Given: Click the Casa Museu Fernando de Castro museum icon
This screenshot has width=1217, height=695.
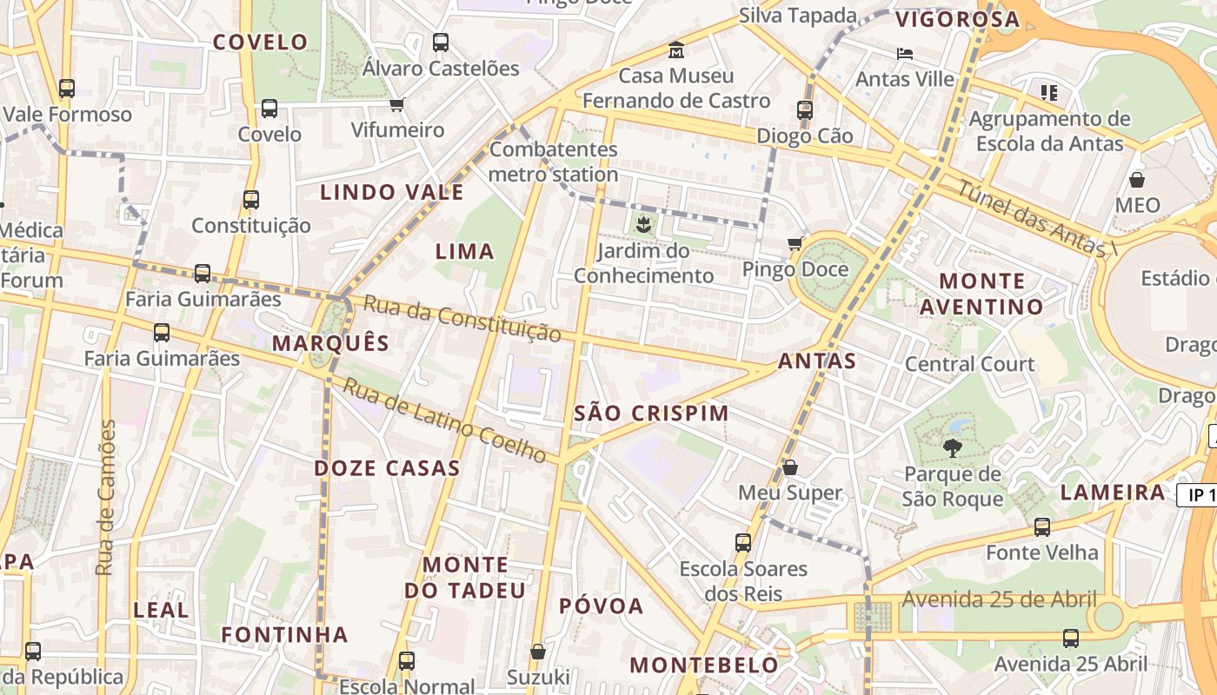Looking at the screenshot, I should coord(675,50).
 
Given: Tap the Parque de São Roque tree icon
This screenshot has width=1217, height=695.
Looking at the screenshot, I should coord(953,448).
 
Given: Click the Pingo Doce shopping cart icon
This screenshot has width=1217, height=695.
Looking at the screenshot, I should coord(795,244).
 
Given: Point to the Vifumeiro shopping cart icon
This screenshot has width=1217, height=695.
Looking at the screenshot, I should coord(397,105).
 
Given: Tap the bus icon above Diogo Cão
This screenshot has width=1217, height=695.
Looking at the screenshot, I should coord(805,110).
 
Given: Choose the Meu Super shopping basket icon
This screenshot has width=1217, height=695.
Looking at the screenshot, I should coord(790,467).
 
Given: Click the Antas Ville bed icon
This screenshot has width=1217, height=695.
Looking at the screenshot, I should coord(905,53).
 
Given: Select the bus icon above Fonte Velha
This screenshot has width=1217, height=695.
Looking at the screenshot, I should coord(1041,526).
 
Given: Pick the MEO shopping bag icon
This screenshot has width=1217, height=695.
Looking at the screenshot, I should coord(1137,180).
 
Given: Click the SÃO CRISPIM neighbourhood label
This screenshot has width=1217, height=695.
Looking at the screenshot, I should coord(651,414).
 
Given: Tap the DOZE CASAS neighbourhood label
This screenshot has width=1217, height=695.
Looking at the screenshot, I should coord(387,468).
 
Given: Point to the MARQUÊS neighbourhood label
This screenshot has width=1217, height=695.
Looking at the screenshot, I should coord(331,342).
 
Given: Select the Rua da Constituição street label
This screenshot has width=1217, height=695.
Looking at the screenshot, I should coord(462,318).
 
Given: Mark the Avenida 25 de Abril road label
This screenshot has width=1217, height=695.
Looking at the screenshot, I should coord(999,599).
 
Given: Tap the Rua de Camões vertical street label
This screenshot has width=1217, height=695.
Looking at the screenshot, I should coord(105,497).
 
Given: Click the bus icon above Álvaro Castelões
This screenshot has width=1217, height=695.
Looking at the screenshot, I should coord(441,42).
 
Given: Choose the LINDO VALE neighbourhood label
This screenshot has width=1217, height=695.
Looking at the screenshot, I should coord(392,192).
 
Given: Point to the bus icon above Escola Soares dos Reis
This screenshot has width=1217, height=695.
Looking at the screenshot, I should coord(743,543).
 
